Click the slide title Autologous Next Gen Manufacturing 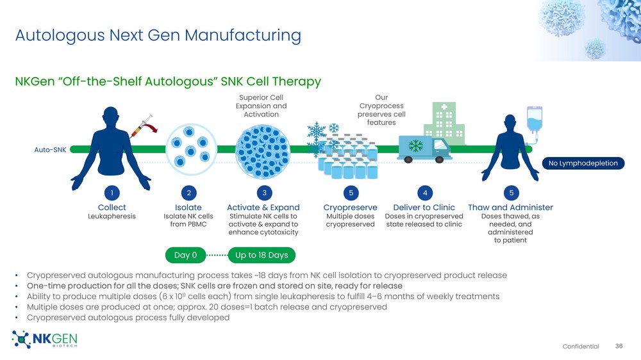pyautogui.click(x=158, y=35)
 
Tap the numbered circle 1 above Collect pyautogui.click(x=112, y=193)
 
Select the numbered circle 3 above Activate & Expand pyautogui.click(x=263, y=193)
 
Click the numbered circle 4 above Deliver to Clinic pyautogui.click(x=424, y=193)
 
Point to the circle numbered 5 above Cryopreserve pyautogui.click(x=350, y=193)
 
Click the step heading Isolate pyautogui.click(x=188, y=208)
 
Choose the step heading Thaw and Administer pyautogui.click(x=510, y=208)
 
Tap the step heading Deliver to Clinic pyautogui.click(x=424, y=208)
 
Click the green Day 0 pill pyautogui.click(x=186, y=256)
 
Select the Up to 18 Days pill pyautogui.click(x=262, y=256)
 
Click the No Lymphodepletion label pyautogui.click(x=583, y=163)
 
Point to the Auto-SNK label pyautogui.click(x=49, y=150)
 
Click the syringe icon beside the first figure pyautogui.click(x=143, y=125)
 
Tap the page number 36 pyautogui.click(x=619, y=346)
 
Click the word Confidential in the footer pyautogui.click(x=581, y=347)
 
